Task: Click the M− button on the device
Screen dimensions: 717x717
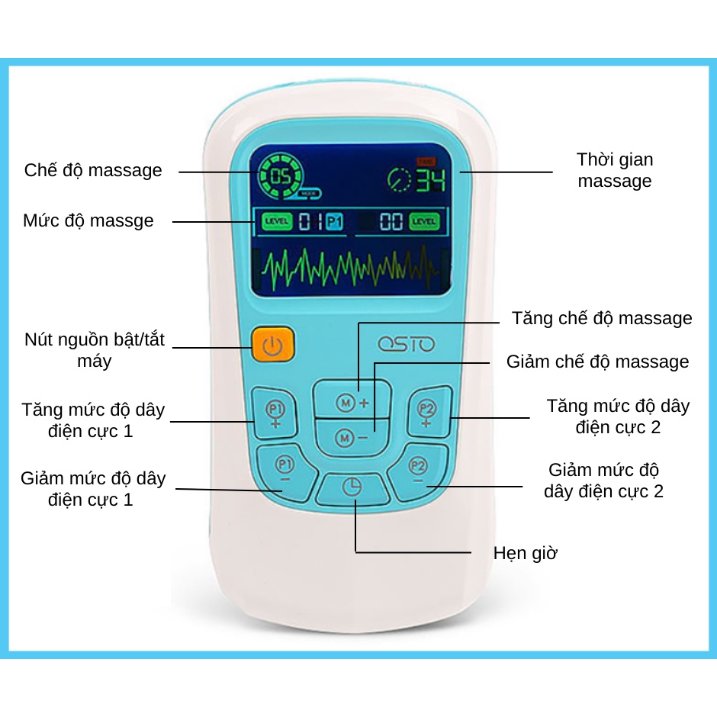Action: pyautogui.click(x=352, y=438)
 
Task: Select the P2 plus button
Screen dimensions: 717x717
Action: pyautogui.click(x=427, y=413)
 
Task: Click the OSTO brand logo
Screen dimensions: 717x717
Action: pyautogui.click(x=407, y=344)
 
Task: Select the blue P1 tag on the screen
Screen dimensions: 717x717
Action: pyautogui.click(x=334, y=222)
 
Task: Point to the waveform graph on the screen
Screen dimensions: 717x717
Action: pyautogui.click(x=351, y=268)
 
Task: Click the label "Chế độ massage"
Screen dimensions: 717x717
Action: pyautogui.click(x=93, y=170)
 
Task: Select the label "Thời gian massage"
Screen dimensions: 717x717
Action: pyautogui.click(x=615, y=170)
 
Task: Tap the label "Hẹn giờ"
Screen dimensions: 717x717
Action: pyautogui.click(x=526, y=553)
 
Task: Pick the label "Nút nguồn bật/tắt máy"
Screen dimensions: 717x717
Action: pyautogui.click(x=95, y=350)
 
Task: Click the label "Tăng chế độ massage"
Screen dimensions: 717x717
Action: pyautogui.click(x=602, y=318)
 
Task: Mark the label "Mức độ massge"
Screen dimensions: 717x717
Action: pyautogui.click(x=88, y=221)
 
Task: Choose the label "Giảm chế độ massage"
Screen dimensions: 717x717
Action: pyautogui.click(x=597, y=362)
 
